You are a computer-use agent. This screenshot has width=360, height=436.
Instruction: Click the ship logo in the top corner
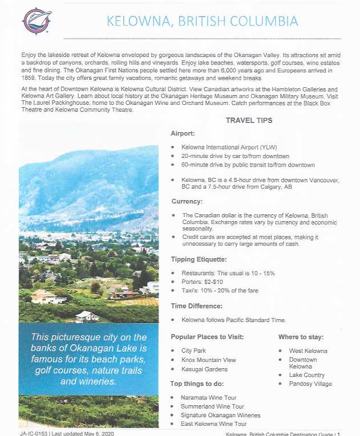coord(37,21)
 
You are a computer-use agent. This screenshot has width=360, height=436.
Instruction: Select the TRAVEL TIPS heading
coord(249,120)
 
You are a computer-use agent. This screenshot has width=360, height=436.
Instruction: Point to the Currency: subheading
coord(187,201)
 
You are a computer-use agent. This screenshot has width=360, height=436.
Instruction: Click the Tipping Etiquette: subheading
coord(198,259)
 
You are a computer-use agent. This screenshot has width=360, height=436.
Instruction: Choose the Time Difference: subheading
coord(197,306)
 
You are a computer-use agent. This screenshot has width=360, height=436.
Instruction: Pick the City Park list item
coord(194,351)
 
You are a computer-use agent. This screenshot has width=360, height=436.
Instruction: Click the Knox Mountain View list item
coord(208,360)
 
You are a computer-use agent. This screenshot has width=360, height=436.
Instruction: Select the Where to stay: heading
coord(301,337)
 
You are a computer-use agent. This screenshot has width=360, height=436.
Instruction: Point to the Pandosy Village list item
coord(310,384)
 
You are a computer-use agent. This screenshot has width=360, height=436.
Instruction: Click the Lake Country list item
coord(307,375)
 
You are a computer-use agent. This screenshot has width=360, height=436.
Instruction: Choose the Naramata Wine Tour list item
coord(209,397)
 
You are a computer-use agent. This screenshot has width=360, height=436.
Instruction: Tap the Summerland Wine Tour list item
coord(213,406)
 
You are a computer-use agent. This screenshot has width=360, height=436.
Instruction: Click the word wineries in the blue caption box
coord(97,381)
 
